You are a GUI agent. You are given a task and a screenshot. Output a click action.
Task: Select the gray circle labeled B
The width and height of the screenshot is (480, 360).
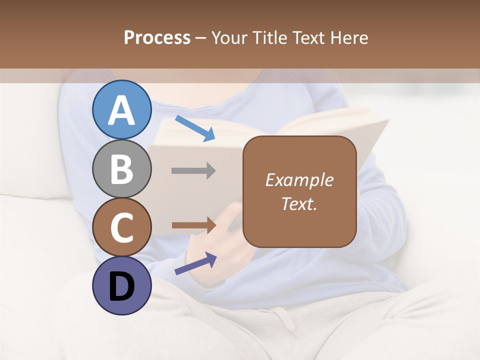[x=122, y=169]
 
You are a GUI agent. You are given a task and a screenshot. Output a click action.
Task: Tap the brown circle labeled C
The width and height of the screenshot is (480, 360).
[x=122, y=227]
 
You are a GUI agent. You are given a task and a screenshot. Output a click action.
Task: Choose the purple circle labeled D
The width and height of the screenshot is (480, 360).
[x=122, y=286]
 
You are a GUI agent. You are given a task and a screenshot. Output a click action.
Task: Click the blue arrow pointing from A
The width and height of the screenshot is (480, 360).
[x=195, y=128]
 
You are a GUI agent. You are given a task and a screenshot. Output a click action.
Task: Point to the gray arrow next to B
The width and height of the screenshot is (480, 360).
[x=193, y=171]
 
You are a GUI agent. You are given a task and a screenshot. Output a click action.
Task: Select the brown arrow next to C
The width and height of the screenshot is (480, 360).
[x=193, y=225]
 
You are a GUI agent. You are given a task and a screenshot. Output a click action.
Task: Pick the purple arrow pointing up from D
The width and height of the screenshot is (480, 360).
[x=195, y=263]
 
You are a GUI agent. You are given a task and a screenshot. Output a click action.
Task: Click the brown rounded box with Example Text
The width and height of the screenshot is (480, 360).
[x=299, y=191]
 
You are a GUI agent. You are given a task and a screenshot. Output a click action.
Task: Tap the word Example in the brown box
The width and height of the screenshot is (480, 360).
[x=299, y=180]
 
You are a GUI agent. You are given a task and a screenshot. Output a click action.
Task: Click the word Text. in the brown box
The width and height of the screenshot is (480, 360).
[x=299, y=203]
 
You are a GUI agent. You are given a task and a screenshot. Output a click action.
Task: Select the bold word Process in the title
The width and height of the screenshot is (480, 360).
[x=157, y=37]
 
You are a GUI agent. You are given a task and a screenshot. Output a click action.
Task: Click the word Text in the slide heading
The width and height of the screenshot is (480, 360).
[x=310, y=37]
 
